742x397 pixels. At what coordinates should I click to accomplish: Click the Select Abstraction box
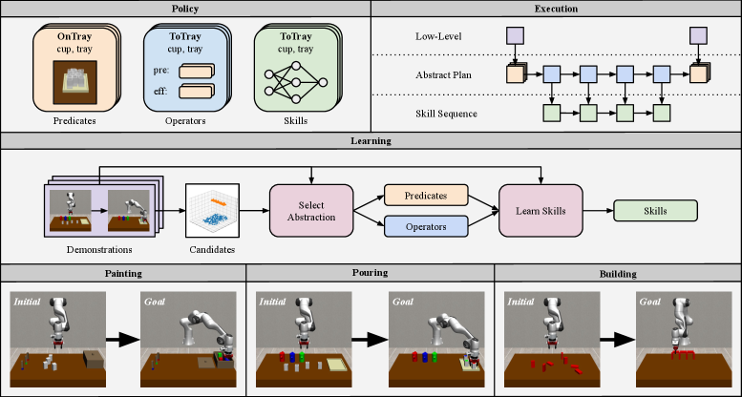pyautogui.click(x=311, y=211)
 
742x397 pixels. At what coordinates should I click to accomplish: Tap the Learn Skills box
pyautogui.click(x=541, y=211)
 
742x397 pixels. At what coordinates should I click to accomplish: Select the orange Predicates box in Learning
pyautogui.click(x=426, y=196)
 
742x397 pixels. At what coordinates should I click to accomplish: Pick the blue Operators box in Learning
pyautogui.click(x=426, y=227)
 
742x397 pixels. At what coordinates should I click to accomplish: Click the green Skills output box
pyautogui.click(x=655, y=211)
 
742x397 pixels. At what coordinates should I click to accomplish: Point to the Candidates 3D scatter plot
pyautogui.click(x=212, y=211)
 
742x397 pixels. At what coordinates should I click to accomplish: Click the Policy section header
pyautogui.click(x=185, y=9)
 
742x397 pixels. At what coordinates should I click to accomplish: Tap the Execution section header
pyautogui.click(x=556, y=9)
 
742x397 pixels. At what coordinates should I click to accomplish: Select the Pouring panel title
pyautogui.click(x=371, y=273)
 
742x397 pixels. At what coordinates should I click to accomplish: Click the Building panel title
pyautogui.click(x=618, y=274)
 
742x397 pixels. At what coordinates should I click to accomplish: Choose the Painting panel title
pyautogui.click(x=123, y=273)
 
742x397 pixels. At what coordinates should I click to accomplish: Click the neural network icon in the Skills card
pyautogui.click(x=296, y=82)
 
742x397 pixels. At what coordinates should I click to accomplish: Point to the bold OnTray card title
pyautogui.click(x=74, y=36)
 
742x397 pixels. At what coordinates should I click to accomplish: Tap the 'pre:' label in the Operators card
pyautogui.click(x=160, y=71)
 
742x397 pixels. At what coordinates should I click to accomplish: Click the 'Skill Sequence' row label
pyautogui.click(x=446, y=114)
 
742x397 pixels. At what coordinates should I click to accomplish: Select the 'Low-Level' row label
pyautogui.click(x=438, y=36)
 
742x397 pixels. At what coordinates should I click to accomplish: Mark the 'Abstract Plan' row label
pyautogui.click(x=443, y=74)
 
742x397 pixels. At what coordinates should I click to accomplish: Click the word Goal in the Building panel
pyautogui.click(x=649, y=302)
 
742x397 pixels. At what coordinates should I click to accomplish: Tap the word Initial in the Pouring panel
pyautogui.click(x=272, y=302)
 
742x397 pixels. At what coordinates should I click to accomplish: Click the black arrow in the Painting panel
pyautogui.click(x=123, y=340)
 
